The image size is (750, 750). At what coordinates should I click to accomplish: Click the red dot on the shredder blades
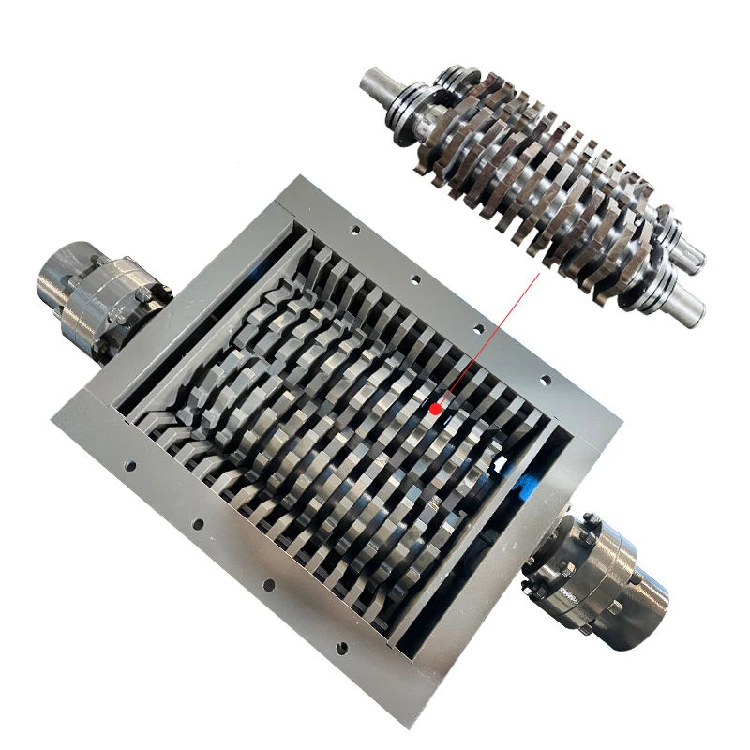tap(434, 409)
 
